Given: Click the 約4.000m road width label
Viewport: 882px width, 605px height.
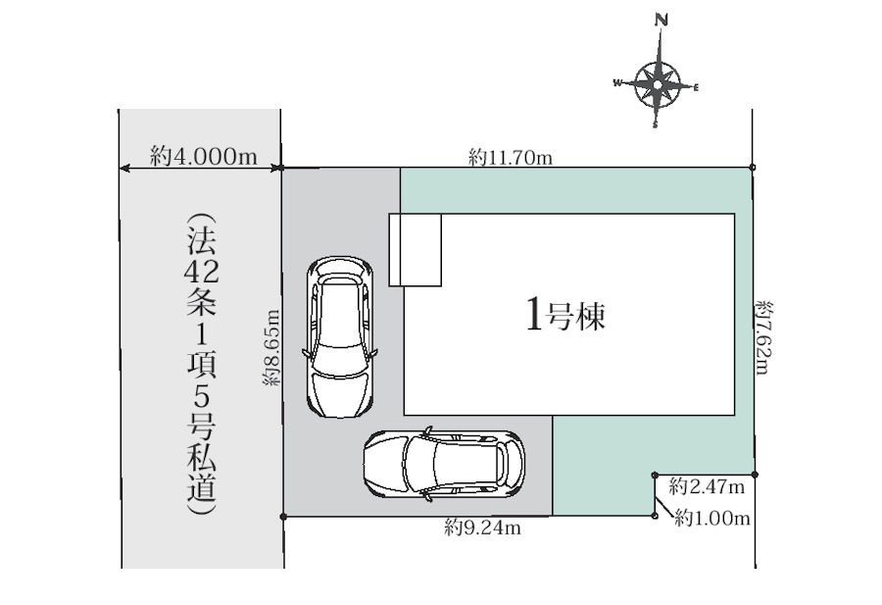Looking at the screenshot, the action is click(204, 155).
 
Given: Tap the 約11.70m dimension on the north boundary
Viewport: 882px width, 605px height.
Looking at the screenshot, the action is click(511, 157).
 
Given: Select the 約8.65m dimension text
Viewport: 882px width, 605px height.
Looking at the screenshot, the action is click(271, 347).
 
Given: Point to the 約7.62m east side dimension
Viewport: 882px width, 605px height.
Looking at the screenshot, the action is click(764, 337).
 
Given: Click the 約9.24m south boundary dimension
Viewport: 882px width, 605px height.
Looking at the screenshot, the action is click(482, 528).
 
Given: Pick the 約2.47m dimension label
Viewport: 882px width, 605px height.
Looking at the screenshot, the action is click(707, 485).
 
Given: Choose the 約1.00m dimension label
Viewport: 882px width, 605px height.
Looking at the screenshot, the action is click(712, 517).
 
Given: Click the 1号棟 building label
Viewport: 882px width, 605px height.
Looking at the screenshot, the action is click(565, 315).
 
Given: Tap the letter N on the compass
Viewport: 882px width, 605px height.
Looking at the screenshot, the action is click(661, 21).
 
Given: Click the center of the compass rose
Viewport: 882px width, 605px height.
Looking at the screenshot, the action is click(658, 84).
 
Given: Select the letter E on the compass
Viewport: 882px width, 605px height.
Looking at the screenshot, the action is click(696, 87).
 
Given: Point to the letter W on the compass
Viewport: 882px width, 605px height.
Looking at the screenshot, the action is click(617, 83).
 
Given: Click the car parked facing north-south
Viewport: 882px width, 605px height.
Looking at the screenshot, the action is click(340, 337).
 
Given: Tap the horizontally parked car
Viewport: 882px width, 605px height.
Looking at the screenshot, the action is click(444, 465).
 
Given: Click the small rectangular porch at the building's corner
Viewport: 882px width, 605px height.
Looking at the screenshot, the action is click(416, 250).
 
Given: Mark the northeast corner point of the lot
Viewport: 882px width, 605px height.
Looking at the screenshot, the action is click(753, 167).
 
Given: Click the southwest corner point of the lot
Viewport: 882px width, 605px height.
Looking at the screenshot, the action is click(283, 516).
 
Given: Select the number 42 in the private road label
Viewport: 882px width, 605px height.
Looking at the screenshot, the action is click(201, 273).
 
